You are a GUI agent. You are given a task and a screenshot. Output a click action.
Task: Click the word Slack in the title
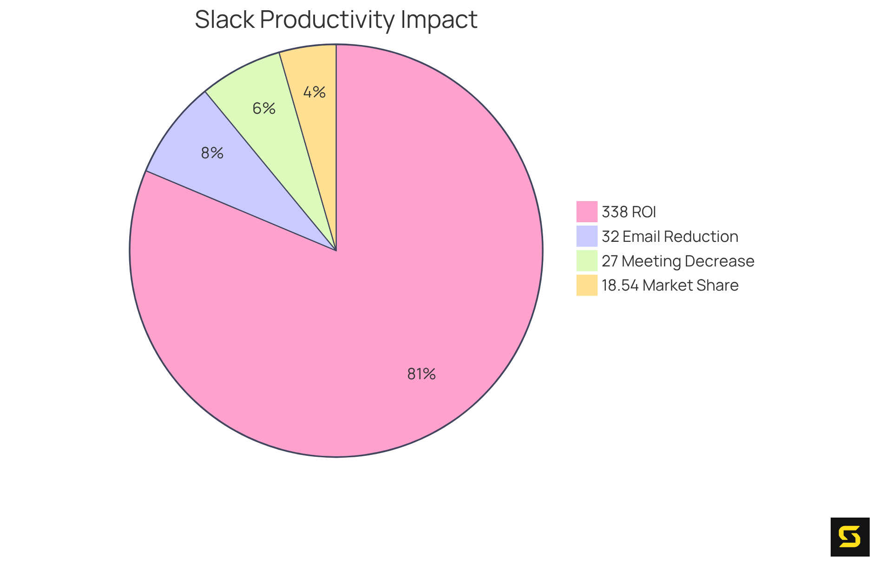pos(225,19)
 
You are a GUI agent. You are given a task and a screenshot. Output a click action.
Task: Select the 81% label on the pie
pos(421,374)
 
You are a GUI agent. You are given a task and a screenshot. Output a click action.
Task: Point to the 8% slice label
pos(212,153)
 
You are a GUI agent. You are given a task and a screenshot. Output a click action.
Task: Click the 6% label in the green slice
pos(264,109)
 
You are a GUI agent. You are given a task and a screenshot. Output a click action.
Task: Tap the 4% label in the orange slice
pos(315,92)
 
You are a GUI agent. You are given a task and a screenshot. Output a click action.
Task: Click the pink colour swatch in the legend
pos(587,212)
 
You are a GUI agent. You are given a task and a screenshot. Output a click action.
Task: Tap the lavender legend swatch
pos(587,236)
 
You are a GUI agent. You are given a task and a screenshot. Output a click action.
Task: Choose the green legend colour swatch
pos(587,260)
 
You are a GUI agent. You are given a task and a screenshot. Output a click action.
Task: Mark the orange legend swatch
pos(587,285)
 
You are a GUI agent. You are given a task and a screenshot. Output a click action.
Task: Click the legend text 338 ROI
pos(629,212)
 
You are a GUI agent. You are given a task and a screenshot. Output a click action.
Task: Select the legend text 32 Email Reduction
pos(669,237)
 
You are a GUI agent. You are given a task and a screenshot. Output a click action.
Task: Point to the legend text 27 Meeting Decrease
pos(677,261)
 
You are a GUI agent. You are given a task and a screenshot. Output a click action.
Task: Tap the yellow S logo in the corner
pos(850,537)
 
